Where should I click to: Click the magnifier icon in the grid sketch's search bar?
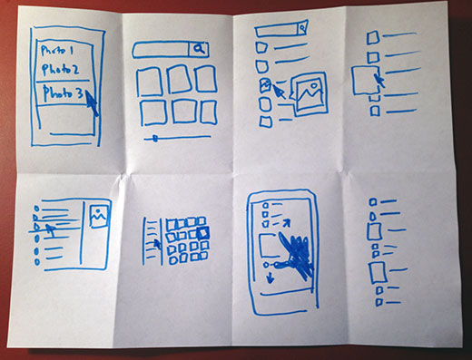201,49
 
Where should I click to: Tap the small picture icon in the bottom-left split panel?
97,215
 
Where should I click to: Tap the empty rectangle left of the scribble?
269,245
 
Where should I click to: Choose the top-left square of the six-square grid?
148,83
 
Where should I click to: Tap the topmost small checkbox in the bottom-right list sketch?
370,203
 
